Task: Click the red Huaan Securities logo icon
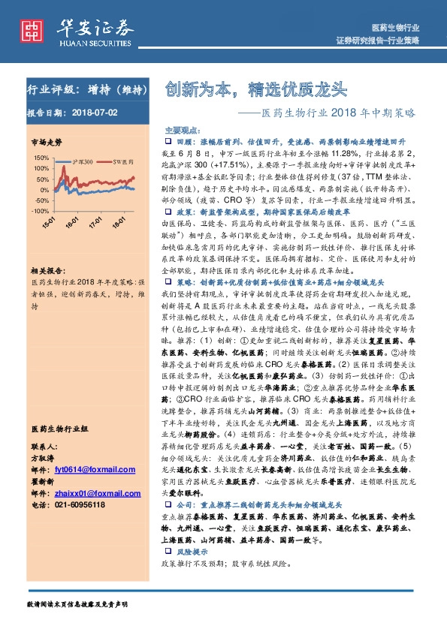coord(32,29)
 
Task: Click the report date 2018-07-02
coord(95,113)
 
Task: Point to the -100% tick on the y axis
coord(39,212)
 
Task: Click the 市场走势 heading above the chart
coord(46,141)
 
